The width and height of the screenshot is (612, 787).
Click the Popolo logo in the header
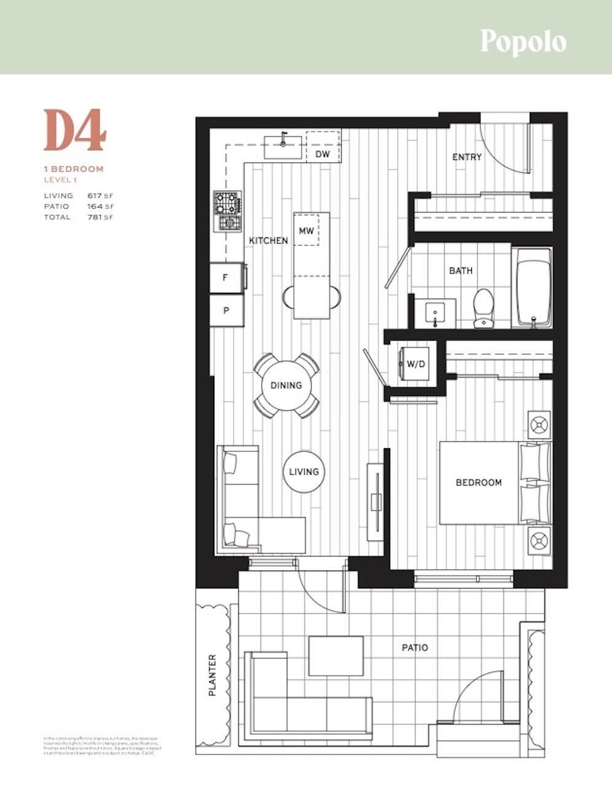click(523, 42)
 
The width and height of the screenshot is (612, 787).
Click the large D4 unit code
click(75, 130)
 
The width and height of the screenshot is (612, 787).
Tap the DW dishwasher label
click(323, 154)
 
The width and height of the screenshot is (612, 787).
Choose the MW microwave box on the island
click(307, 231)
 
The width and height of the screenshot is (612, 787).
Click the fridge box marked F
click(226, 278)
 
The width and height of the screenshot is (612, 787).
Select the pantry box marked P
click(226, 310)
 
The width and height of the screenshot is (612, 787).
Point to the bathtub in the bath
click(533, 286)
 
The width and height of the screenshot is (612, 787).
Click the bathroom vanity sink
click(436, 314)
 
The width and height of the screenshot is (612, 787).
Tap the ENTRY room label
click(467, 157)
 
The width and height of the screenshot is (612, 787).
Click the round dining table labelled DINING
click(286, 386)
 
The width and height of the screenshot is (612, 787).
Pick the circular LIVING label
click(304, 472)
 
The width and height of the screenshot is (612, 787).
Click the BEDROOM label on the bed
click(479, 483)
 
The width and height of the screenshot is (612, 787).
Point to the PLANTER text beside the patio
click(213, 675)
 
